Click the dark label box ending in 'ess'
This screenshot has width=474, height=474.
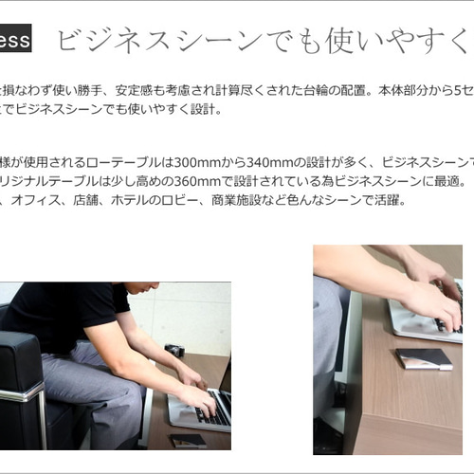17,40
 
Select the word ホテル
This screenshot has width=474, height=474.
130,200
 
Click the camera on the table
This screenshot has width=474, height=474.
175,352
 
